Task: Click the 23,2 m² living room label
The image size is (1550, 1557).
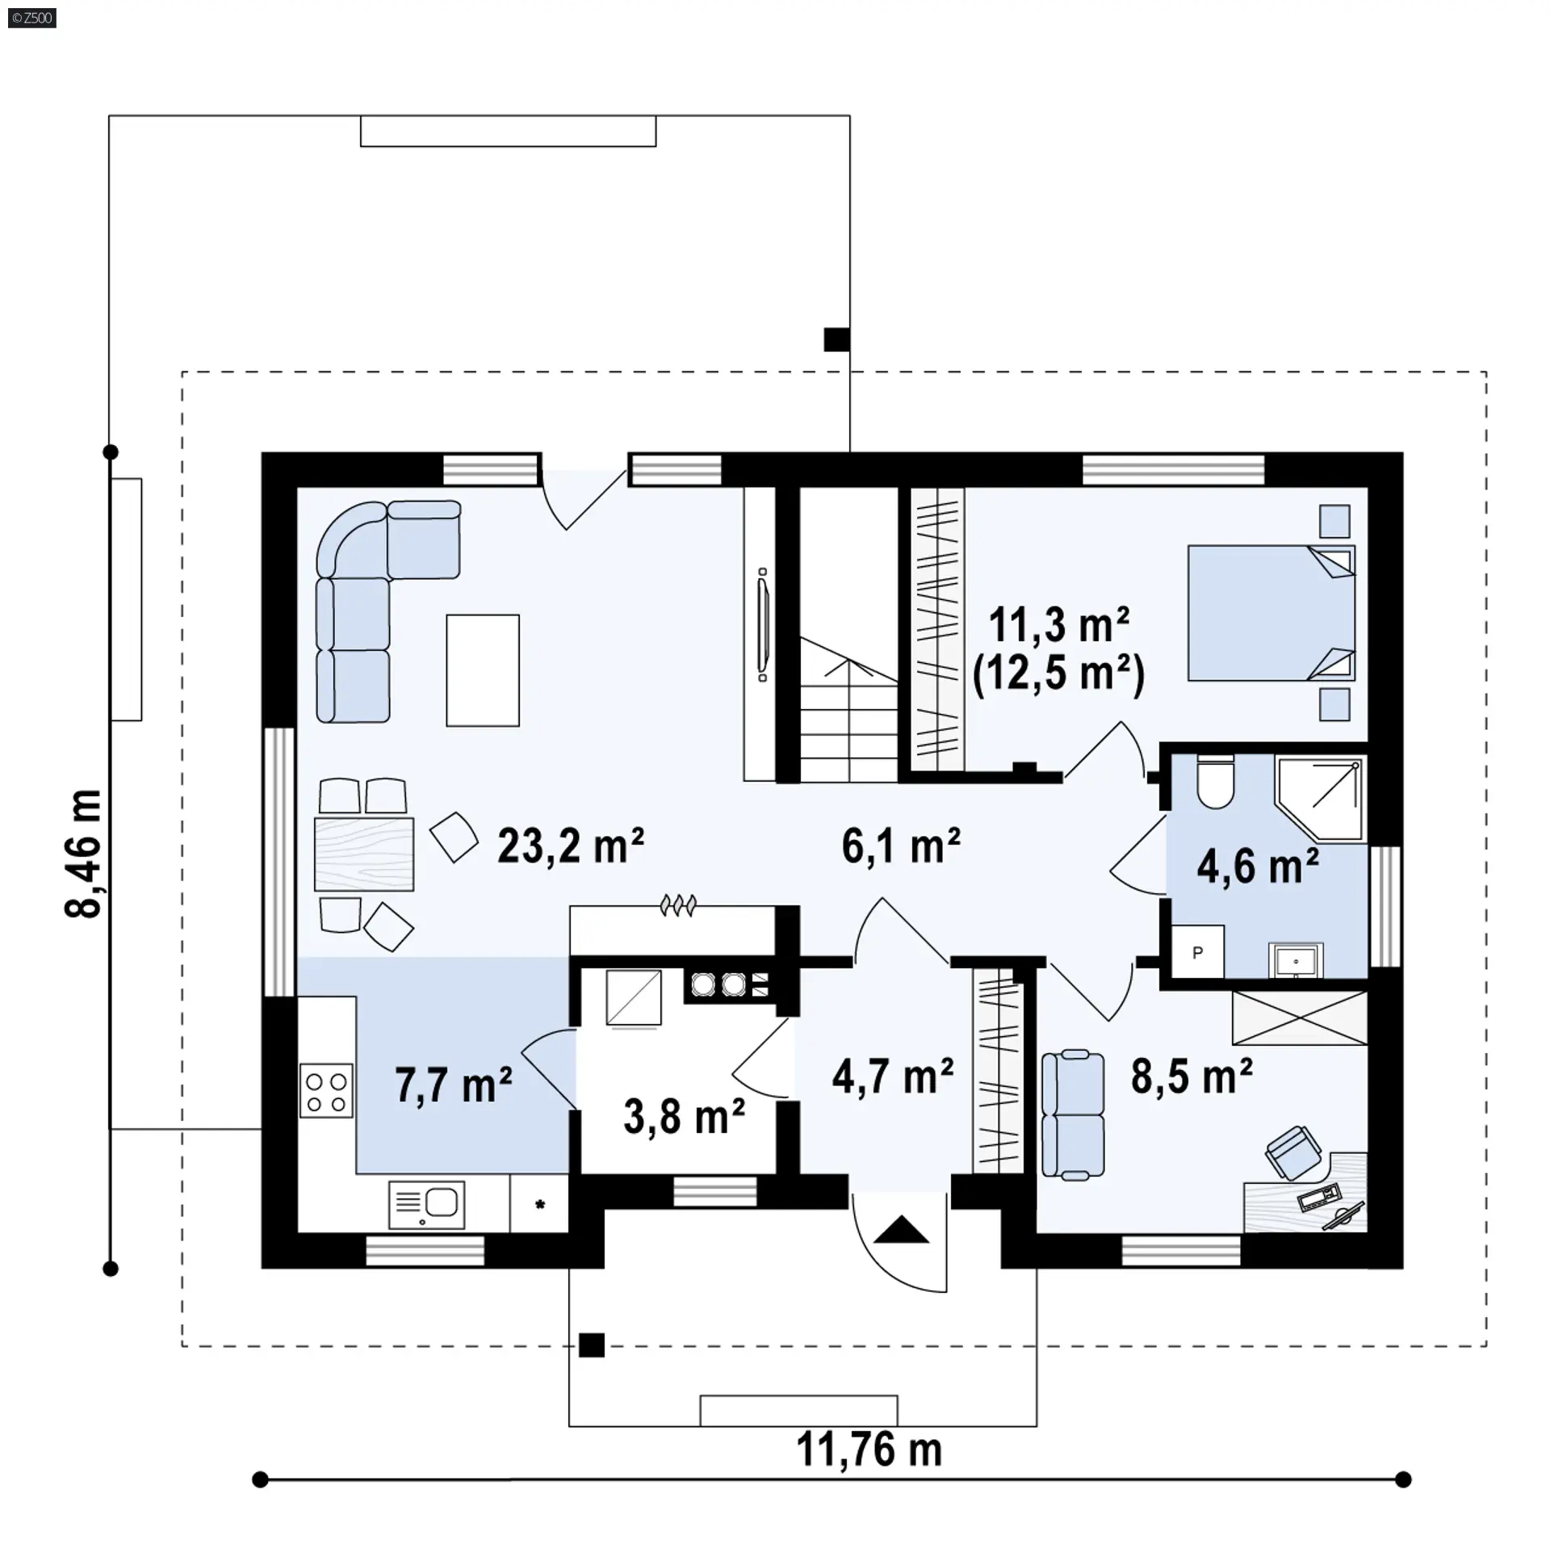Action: click(570, 846)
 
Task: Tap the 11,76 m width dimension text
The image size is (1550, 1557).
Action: click(869, 1450)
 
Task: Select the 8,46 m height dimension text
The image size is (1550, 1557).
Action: click(84, 854)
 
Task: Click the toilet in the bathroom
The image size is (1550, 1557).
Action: click(1215, 782)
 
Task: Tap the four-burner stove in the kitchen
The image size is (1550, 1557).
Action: click(326, 1090)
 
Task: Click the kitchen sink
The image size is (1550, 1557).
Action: click(426, 1205)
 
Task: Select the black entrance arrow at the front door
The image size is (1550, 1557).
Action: click(901, 1230)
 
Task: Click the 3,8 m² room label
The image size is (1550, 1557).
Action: click(684, 1118)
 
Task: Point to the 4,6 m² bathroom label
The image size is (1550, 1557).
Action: click(1258, 867)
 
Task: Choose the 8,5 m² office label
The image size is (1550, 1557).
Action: click(1192, 1076)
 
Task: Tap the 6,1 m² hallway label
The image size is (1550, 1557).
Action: click(901, 846)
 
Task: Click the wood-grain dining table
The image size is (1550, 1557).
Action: click(364, 854)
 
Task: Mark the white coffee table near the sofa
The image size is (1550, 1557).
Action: click(483, 670)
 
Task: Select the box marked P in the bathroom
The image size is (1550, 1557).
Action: click(1197, 953)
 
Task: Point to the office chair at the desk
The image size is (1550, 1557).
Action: click(1293, 1153)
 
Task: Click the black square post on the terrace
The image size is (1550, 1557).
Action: click(837, 339)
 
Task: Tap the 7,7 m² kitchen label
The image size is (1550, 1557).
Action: click(454, 1085)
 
